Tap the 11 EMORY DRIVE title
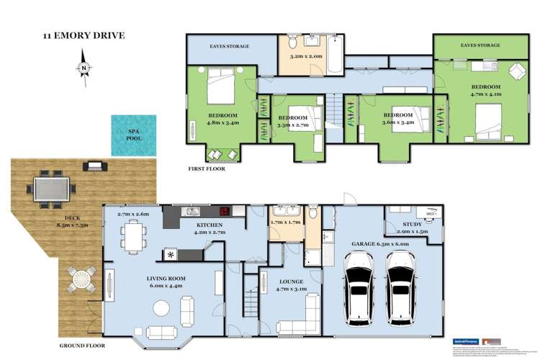(83, 34)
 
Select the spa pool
(134, 135)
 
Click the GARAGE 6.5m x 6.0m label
(380, 243)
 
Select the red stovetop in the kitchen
(225, 212)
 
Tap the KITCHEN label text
(206, 225)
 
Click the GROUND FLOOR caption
(82, 346)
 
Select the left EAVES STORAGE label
(229, 46)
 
